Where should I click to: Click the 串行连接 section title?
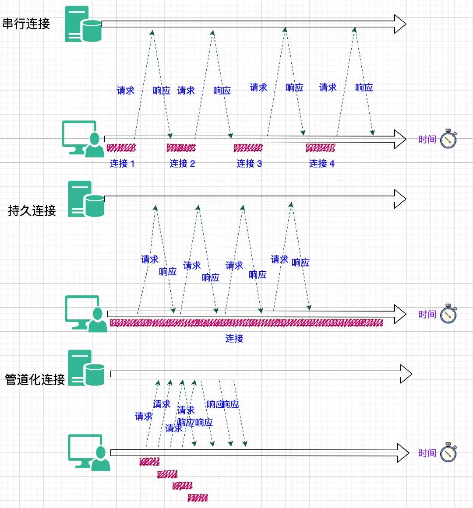26,24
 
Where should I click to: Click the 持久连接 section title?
32,211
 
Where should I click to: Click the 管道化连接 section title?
35,379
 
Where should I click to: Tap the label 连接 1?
122,164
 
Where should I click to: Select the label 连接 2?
182,164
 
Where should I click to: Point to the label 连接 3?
249,164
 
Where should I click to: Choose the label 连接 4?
322,164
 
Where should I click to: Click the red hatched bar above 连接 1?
121,148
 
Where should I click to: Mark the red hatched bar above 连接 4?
320,148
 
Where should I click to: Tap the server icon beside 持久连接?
86,199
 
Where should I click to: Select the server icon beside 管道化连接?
86,368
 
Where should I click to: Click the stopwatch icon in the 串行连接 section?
448,139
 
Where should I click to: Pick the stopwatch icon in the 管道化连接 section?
448,452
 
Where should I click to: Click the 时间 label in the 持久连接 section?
427,314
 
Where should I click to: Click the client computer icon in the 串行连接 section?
83,139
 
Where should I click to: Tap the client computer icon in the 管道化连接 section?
89,452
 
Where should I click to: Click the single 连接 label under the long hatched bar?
234,338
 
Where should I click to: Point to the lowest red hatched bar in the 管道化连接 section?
198,498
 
